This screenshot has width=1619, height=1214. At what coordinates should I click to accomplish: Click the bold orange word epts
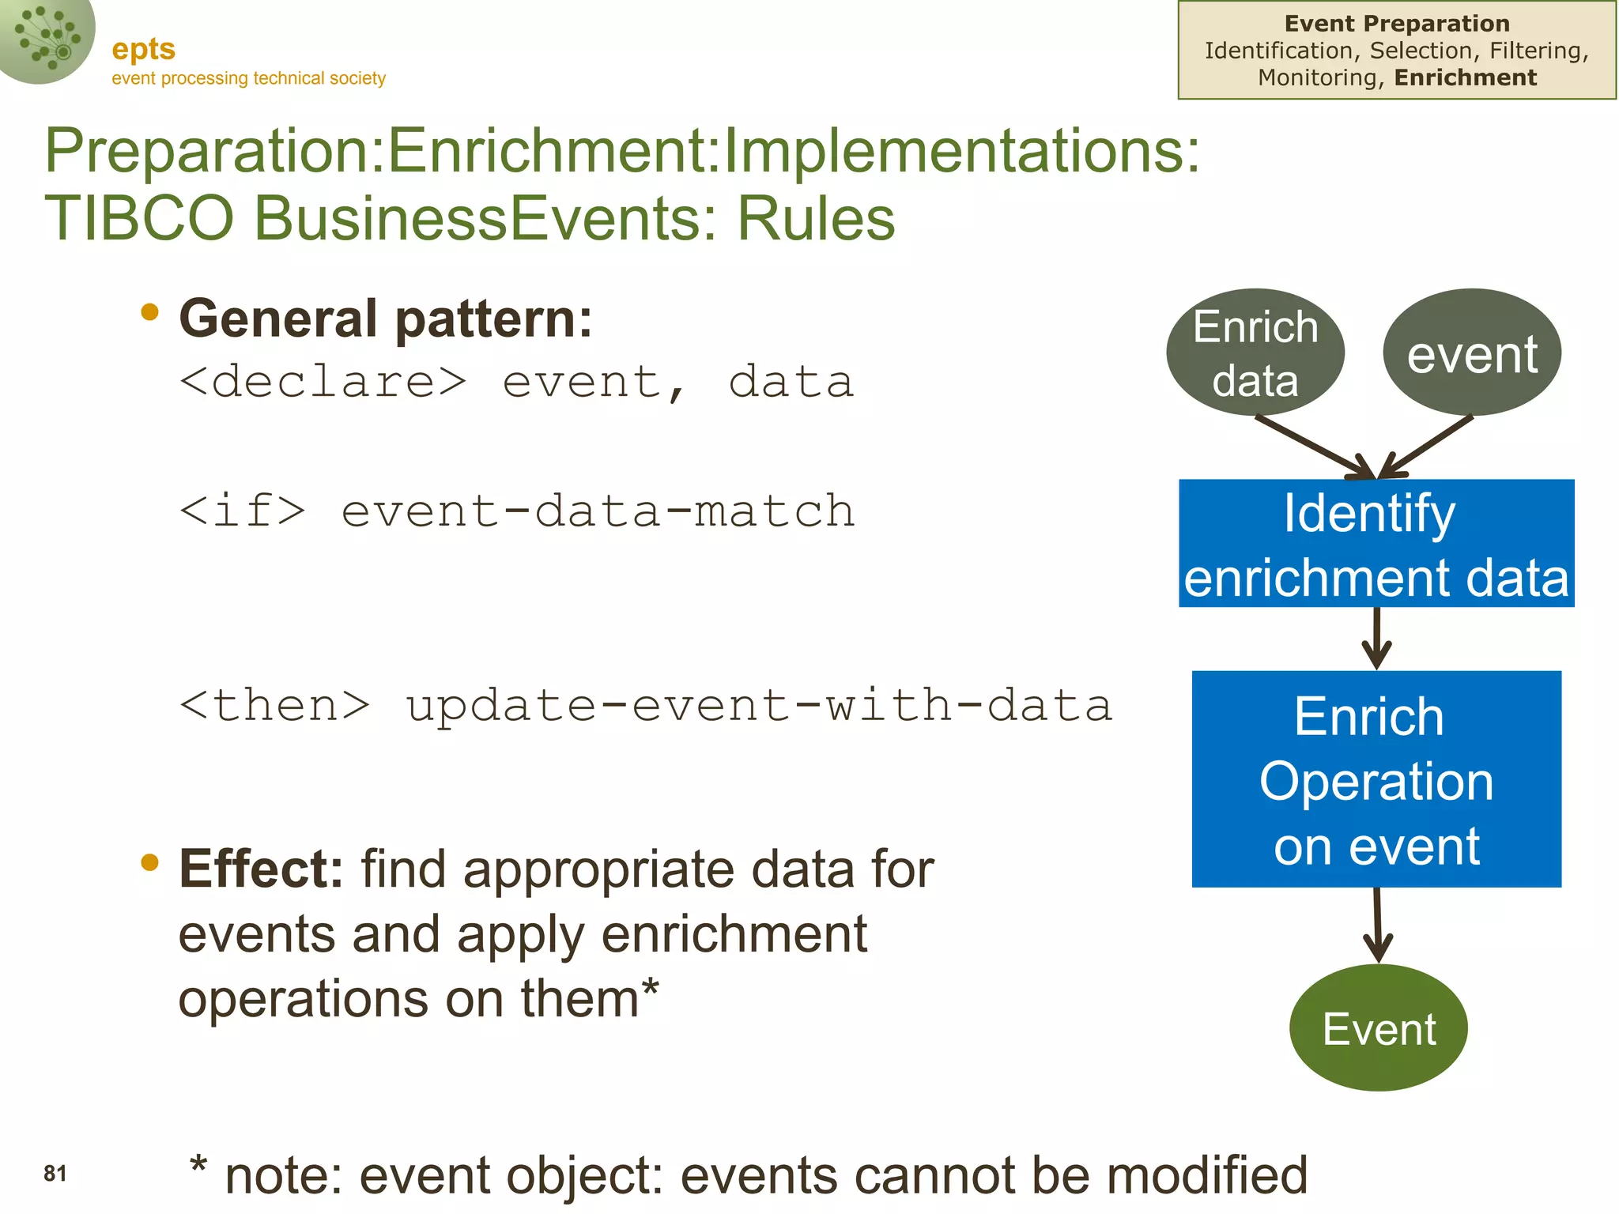[143, 50]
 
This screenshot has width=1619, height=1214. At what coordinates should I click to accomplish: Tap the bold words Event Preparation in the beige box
[1397, 24]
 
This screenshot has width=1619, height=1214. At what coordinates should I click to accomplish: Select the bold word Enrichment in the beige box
[1466, 77]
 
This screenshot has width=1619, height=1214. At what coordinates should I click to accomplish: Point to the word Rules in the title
[816, 219]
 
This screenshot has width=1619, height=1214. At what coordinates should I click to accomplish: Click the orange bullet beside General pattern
[149, 312]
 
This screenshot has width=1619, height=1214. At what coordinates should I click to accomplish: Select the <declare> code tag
[323, 382]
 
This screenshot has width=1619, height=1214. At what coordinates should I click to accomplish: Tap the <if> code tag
[242, 511]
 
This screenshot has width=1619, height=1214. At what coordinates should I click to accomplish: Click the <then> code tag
[274, 705]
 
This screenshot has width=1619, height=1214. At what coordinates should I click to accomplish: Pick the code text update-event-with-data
[759, 705]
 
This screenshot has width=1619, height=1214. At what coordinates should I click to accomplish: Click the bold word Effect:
[261, 869]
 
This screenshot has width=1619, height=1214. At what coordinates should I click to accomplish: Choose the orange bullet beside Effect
[149, 862]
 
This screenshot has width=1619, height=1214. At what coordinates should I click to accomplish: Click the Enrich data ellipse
[1255, 353]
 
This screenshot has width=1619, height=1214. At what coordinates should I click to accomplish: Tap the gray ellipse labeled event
[1472, 353]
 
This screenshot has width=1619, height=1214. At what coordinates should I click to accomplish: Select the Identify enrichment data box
[1376, 544]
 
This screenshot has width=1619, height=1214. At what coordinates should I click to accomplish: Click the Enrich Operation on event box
[1376, 779]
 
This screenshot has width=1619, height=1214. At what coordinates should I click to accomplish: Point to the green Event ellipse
[1379, 1028]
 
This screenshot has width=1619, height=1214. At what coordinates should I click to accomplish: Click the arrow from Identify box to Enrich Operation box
[1376, 639]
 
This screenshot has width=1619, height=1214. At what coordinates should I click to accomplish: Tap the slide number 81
[55, 1174]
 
